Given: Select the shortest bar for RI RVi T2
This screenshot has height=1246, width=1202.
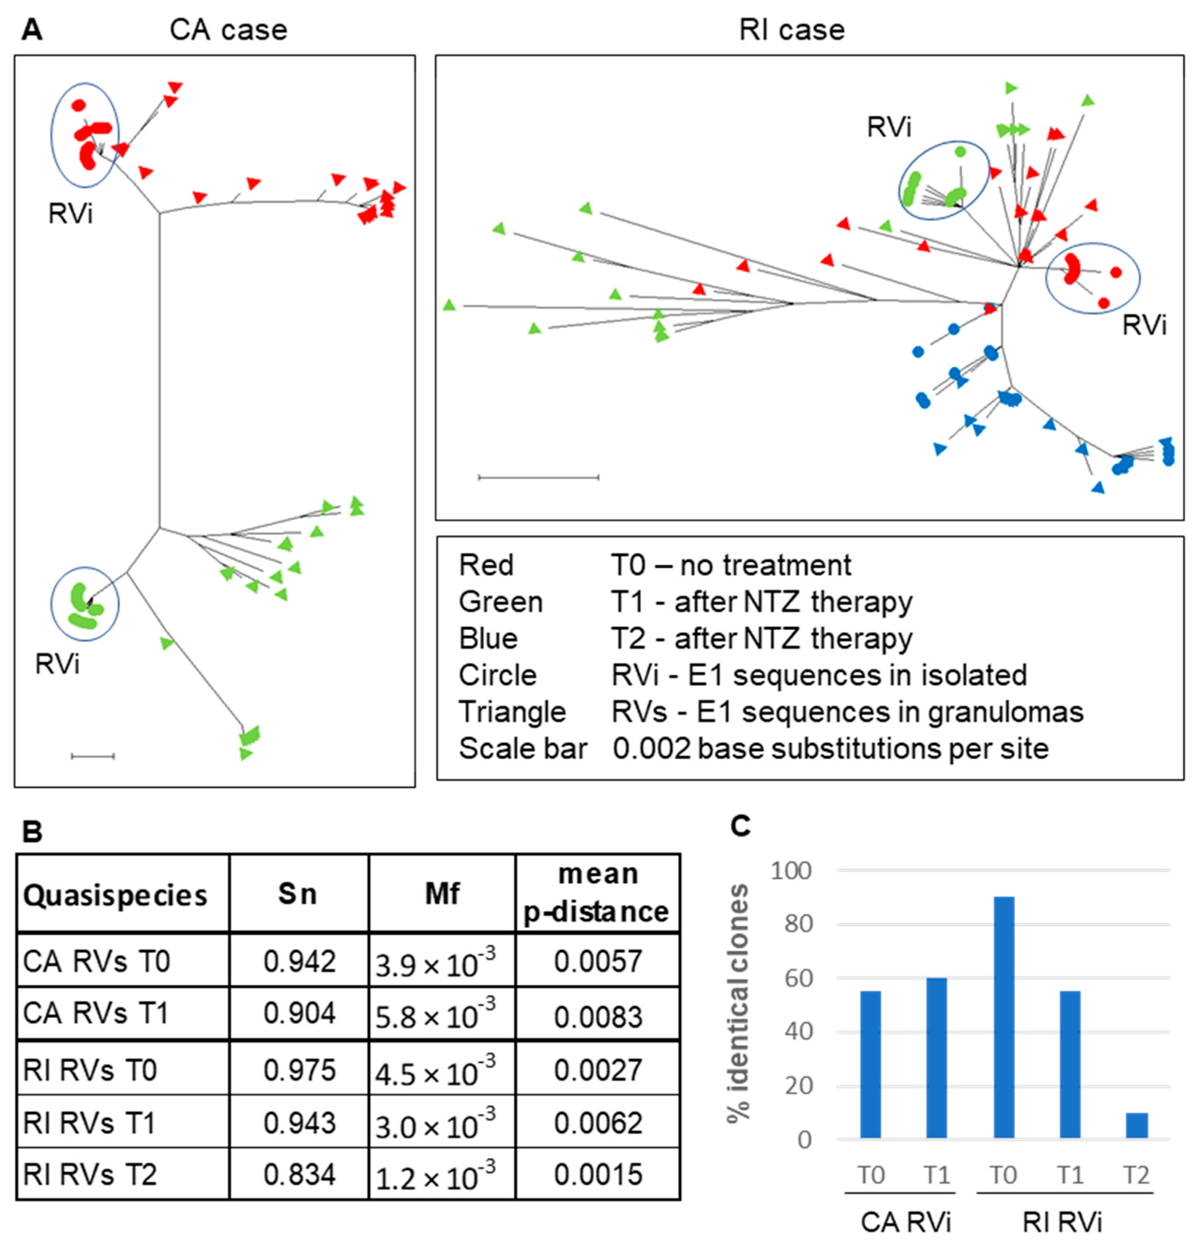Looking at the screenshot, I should [1137, 1125].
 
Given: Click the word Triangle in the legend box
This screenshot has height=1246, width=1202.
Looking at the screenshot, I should [512, 712].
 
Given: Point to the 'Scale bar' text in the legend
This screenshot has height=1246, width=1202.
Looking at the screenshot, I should [523, 749].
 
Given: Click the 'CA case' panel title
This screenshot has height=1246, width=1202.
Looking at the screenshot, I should [228, 30].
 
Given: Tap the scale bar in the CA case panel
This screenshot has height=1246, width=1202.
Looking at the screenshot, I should [93, 756].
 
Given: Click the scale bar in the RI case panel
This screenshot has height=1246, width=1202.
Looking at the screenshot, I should [538, 477].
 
